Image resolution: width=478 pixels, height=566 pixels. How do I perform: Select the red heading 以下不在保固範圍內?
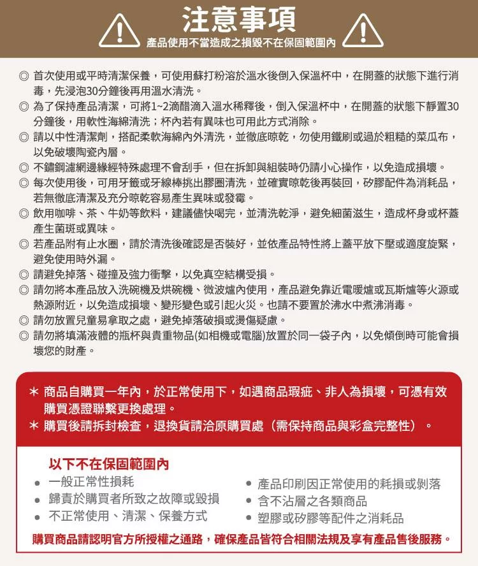coord(109,465)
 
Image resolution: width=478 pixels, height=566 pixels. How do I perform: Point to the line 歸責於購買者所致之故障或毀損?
coord(134,499)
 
